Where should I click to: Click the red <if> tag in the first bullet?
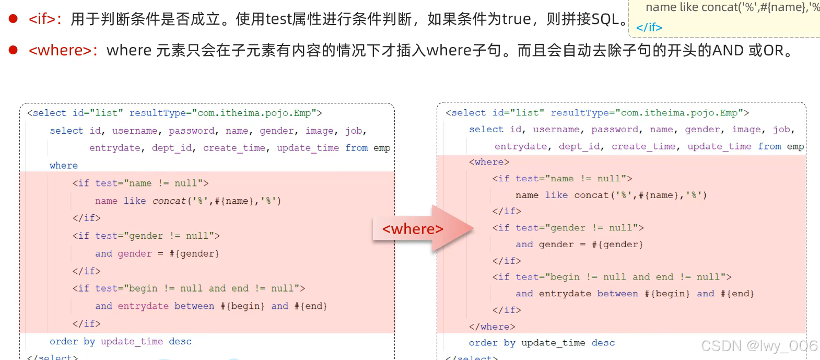point(42,19)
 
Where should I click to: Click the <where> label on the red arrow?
point(413,229)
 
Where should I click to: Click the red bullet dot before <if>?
point(13,19)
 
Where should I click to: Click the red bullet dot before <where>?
point(13,50)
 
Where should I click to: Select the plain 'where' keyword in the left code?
point(64,166)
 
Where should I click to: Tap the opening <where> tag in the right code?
point(489,162)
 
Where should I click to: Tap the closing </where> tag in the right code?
point(492,327)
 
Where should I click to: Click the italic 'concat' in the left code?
point(169,201)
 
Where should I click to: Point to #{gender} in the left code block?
point(194,254)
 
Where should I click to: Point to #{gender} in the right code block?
point(617,245)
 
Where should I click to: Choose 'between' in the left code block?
point(194,306)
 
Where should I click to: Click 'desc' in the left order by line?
point(180,342)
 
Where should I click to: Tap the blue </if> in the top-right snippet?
point(649,27)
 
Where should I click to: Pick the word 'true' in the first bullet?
point(517,19)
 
